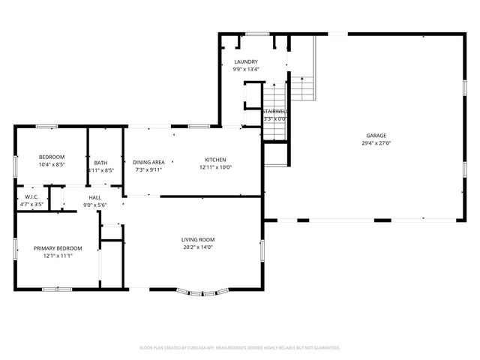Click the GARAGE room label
click(x=376, y=135)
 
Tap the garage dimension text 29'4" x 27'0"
click(x=376, y=143)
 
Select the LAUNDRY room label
click(x=246, y=61)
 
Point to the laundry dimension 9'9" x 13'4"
click(x=246, y=70)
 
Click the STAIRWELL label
click(x=275, y=110)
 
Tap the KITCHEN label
click(x=216, y=160)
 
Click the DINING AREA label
click(x=148, y=162)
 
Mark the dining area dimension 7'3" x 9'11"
click(x=148, y=169)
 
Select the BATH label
click(x=100, y=163)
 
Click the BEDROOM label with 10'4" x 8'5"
click(x=52, y=156)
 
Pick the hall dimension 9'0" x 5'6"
click(x=95, y=205)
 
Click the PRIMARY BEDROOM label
click(x=58, y=248)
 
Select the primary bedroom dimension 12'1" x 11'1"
click(x=58, y=256)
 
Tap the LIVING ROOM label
click(x=198, y=240)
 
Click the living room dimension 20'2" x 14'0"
click(x=198, y=248)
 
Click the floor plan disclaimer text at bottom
click(x=240, y=347)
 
